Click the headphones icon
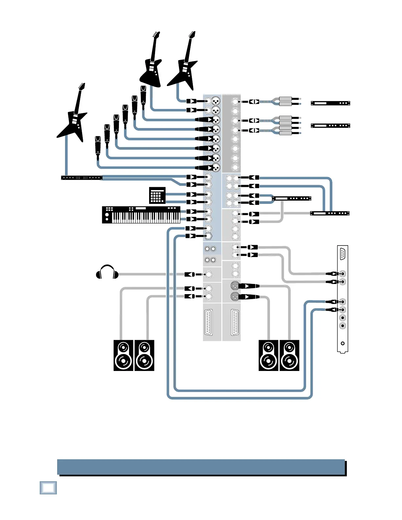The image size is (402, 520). point(107,272)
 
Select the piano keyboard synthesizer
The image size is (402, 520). point(141,215)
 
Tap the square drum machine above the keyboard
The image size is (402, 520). point(157,195)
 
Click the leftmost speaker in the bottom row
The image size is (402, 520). point(123,356)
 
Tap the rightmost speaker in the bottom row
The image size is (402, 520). point(289,356)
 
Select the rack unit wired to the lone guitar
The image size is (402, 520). point(82,178)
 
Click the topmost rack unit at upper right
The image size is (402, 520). point(330,103)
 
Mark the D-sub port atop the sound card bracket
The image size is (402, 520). point(343,254)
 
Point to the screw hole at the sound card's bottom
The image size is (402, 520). point(343,343)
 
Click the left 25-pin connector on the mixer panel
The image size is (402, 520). point(208,322)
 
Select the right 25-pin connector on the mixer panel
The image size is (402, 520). point(235,322)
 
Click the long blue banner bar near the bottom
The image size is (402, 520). point(201,467)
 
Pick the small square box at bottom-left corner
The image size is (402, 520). point(48,488)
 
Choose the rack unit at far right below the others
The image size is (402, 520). point(330,213)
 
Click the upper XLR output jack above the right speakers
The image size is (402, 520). point(234,285)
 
